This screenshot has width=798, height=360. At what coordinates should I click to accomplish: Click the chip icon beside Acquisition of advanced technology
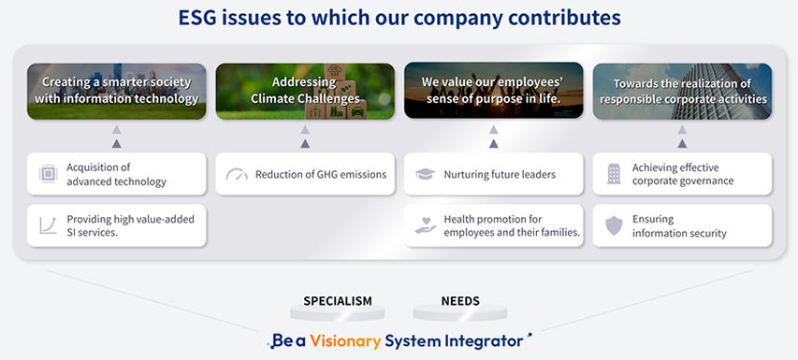click(45, 174)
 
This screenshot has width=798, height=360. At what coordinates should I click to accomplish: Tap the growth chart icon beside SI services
click(45, 225)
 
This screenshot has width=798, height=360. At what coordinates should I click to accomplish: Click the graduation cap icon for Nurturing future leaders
click(424, 174)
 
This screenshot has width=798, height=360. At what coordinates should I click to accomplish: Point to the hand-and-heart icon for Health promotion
click(424, 225)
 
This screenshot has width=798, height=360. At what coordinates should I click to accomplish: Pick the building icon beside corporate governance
click(613, 174)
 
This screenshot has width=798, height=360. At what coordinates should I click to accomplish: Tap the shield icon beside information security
click(613, 225)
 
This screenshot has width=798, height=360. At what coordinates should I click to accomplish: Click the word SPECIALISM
click(337, 301)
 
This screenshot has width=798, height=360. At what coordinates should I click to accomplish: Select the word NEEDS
click(459, 301)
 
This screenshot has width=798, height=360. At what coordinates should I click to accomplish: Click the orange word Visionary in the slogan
click(345, 340)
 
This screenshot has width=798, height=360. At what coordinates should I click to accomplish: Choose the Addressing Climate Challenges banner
click(305, 91)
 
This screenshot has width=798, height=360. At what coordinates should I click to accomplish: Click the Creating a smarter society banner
click(116, 91)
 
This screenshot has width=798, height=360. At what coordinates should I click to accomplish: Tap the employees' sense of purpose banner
click(494, 91)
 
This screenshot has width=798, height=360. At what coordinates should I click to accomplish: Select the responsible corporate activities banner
click(682, 91)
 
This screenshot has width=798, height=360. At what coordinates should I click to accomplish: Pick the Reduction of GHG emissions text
click(320, 174)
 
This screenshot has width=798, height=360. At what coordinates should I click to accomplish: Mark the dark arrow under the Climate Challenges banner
click(305, 143)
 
